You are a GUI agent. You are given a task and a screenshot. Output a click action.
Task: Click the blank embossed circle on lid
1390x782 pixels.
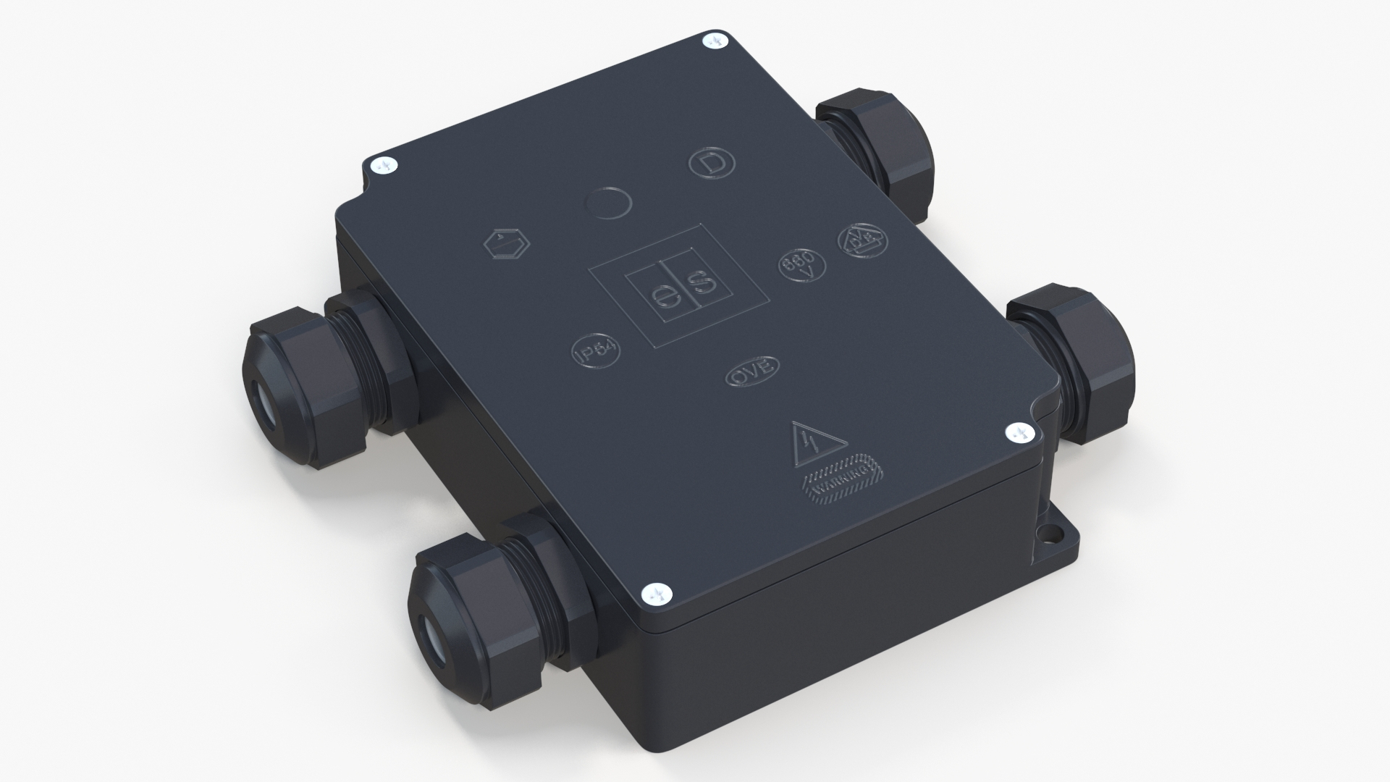(607, 201)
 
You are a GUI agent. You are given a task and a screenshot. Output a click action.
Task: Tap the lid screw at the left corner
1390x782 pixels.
(384, 167)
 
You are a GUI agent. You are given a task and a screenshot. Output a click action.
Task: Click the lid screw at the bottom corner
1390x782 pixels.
(659, 594)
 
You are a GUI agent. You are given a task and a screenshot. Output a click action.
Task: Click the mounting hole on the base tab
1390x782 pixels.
(1045, 539)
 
